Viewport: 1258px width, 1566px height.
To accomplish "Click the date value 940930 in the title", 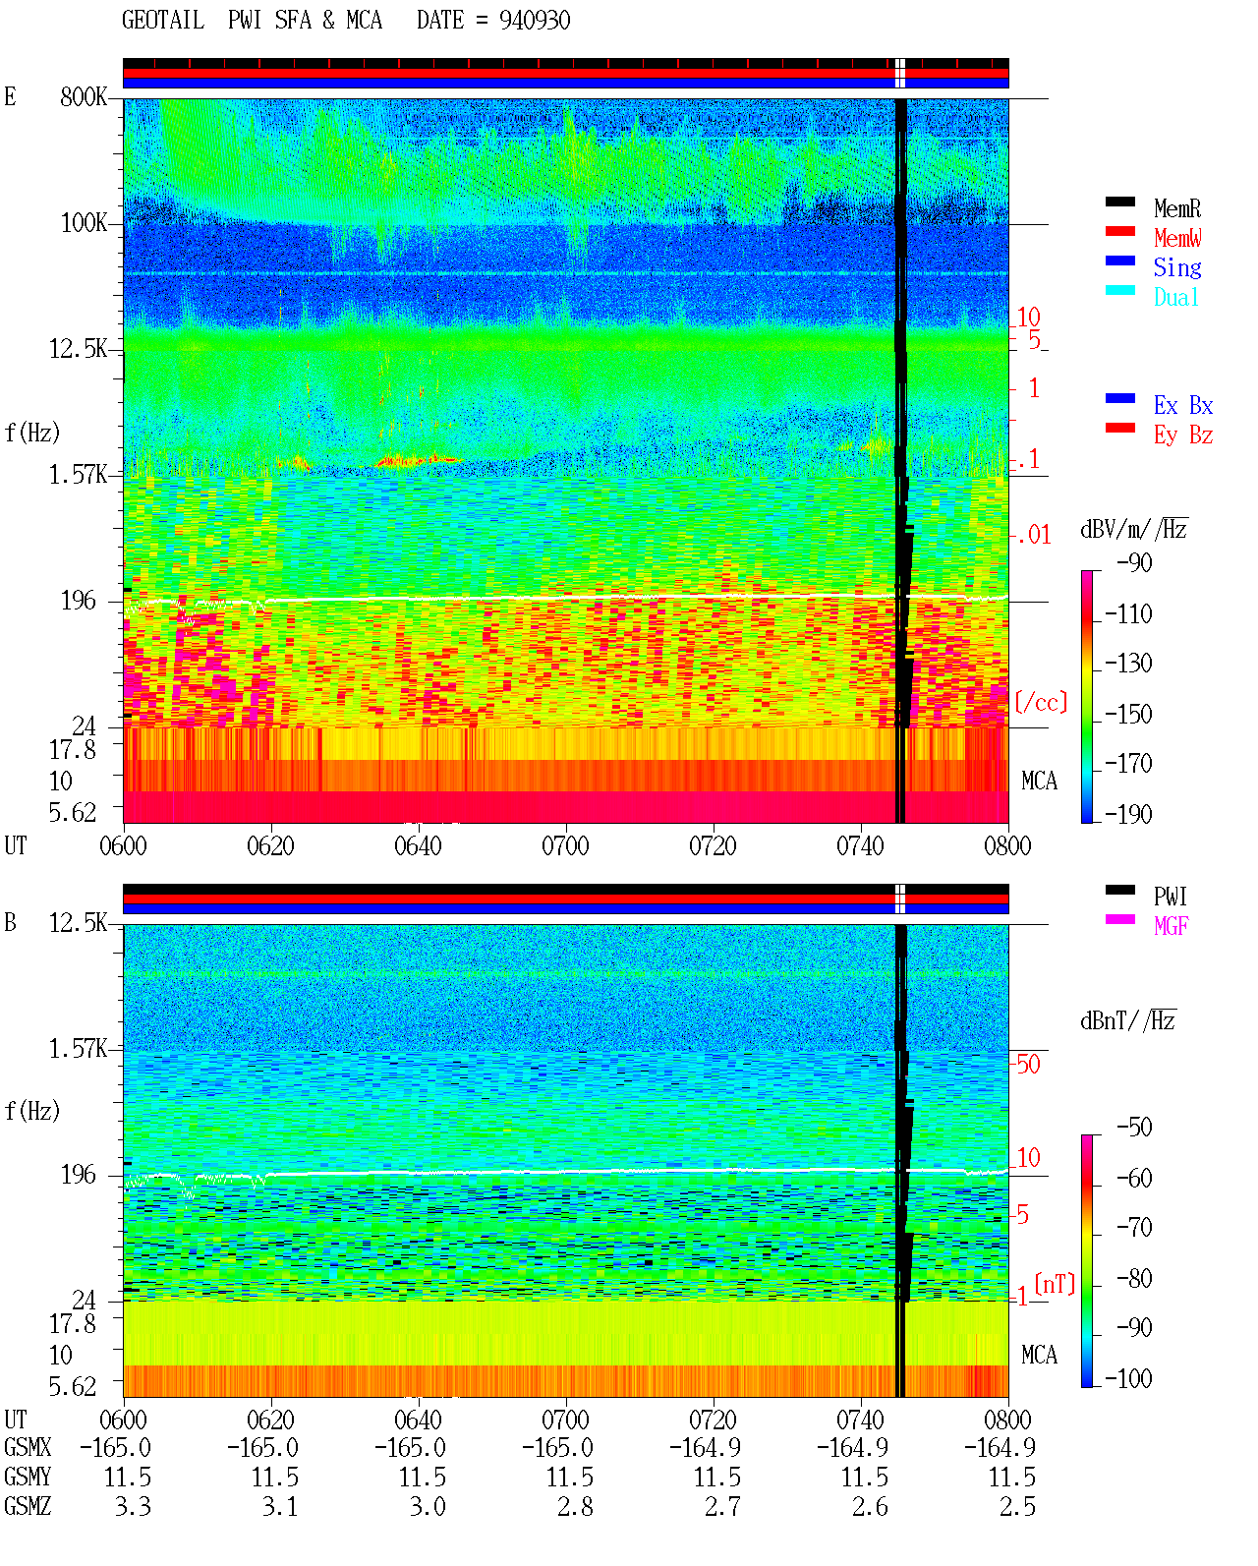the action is pyautogui.click(x=534, y=21).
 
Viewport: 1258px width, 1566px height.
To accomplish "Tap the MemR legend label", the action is pyautogui.click(x=1177, y=208).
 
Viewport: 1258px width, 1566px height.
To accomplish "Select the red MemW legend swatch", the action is pyautogui.click(x=1119, y=231).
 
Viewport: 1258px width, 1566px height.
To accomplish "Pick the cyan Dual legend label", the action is pyautogui.click(x=1176, y=298).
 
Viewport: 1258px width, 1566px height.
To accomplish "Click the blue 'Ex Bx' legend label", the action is pyautogui.click(x=1183, y=405).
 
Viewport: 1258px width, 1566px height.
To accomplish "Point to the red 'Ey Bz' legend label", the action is pyautogui.click(x=1183, y=435).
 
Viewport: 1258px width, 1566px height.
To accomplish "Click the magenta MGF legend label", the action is pyautogui.click(x=1171, y=926).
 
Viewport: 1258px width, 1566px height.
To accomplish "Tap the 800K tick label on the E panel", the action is pyautogui.click(x=84, y=96).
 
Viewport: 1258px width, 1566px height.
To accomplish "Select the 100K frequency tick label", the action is pyautogui.click(x=84, y=223).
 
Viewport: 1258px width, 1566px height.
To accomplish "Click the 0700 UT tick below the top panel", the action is pyautogui.click(x=565, y=846).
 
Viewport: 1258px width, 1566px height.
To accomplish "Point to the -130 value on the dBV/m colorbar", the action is pyautogui.click(x=1128, y=664).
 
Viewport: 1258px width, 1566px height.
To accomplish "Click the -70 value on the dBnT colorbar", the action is pyautogui.click(x=1134, y=1228).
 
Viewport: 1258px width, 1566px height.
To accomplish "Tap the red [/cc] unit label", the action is pyautogui.click(x=1041, y=702).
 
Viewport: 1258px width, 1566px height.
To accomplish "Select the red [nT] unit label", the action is pyautogui.click(x=1055, y=1284).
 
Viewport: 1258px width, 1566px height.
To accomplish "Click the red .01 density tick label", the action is pyautogui.click(x=1033, y=536).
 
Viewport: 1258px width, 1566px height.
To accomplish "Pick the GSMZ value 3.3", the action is pyautogui.click(x=133, y=1506).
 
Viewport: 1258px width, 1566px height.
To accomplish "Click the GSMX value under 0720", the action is pyautogui.click(x=705, y=1448).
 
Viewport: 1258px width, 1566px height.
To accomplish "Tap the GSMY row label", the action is pyautogui.click(x=28, y=1478).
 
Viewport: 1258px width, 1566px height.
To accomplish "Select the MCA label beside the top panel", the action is pyautogui.click(x=1039, y=782).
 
